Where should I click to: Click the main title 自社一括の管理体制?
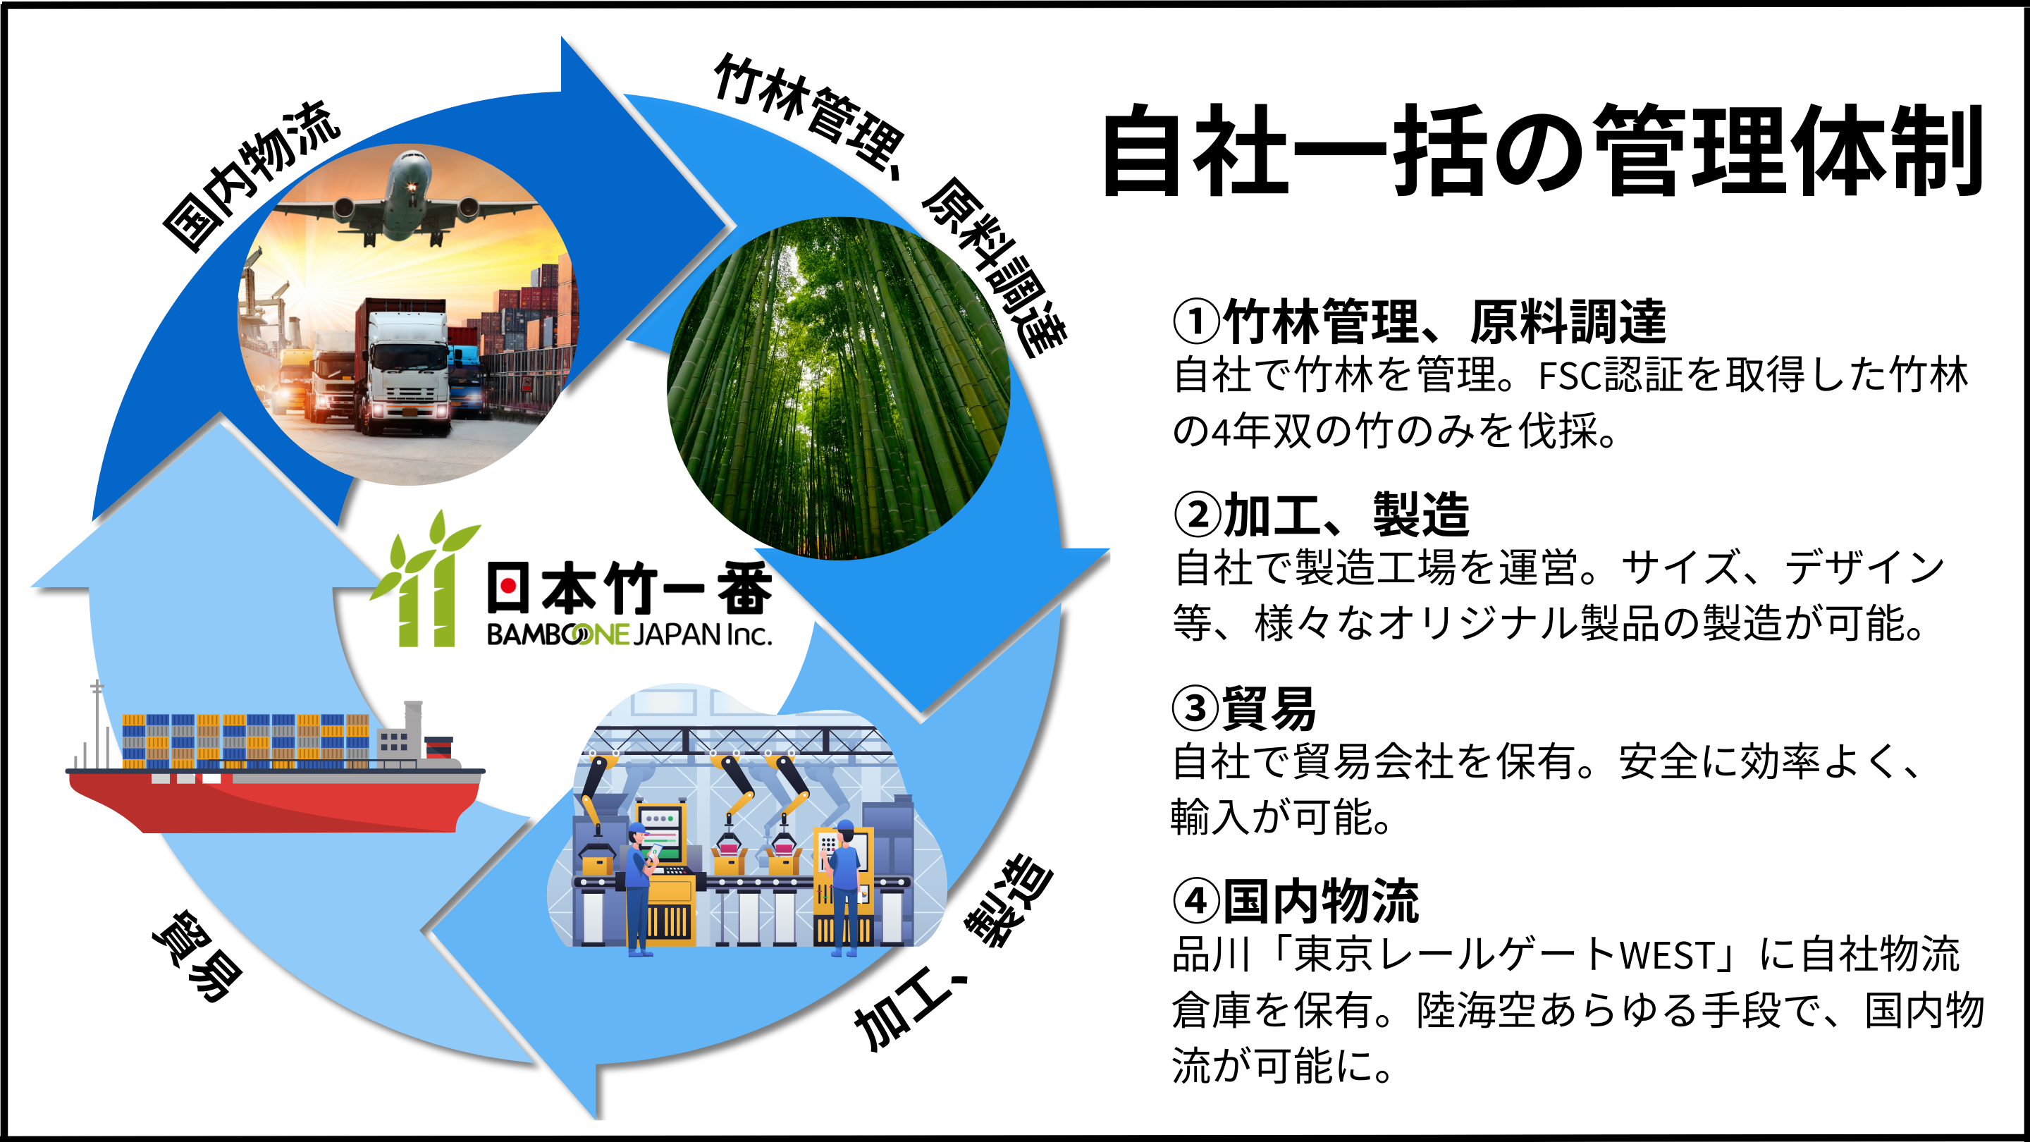click(x=1541, y=152)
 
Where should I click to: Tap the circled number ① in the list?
click(x=1196, y=322)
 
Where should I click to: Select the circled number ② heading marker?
click(x=1196, y=515)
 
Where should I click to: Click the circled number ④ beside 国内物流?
click(x=1195, y=900)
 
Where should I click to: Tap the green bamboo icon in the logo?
click(x=426, y=583)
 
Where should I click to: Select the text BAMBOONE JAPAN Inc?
click(x=628, y=634)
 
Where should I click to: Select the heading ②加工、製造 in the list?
click(x=1322, y=515)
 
